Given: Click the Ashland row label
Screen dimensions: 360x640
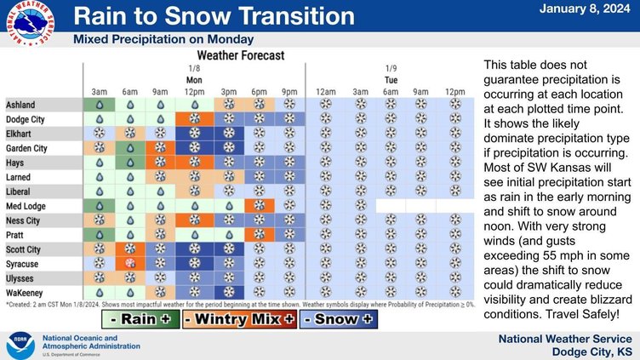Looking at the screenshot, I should click(x=21, y=104).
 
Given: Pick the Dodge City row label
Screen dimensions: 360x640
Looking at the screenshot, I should click(x=26, y=119).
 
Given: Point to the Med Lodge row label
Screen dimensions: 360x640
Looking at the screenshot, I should click(x=27, y=205).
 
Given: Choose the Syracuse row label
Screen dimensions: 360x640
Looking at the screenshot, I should click(x=24, y=264).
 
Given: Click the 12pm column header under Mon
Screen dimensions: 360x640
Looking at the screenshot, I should click(x=194, y=91).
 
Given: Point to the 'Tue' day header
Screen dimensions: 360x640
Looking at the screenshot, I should click(x=391, y=78).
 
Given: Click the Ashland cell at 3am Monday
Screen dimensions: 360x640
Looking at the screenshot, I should click(x=99, y=104).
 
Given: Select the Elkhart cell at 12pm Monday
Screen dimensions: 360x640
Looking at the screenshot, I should click(x=194, y=134).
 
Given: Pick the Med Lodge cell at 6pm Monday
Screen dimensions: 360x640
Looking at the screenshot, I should click(x=259, y=205).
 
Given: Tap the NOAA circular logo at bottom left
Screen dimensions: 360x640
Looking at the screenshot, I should click(x=19, y=343).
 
